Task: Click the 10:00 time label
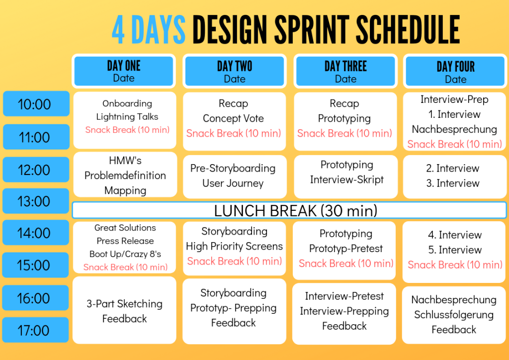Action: [x=36, y=104]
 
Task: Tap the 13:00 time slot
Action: [x=36, y=201]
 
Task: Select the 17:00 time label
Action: [x=35, y=330]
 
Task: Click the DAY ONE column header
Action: [x=124, y=71]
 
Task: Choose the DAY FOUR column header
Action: [x=455, y=71]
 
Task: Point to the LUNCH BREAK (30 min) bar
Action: [x=289, y=210]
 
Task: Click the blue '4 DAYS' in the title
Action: [x=148, y=29]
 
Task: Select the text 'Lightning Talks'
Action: [x=127, y=116]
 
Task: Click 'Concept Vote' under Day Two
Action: [x=234, y=118]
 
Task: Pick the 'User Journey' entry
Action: [x=233, y=183]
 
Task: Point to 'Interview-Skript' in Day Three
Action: [x=346, y=180]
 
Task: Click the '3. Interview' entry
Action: [x=453, y=183]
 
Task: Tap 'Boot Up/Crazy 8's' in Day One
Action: [x=125, y=254]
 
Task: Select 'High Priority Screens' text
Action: [x=235, y=247]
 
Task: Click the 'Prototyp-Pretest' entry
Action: [x=346, y=248]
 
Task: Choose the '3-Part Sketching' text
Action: [x=124, y=304]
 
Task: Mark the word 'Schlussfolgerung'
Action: [x=454, y=315]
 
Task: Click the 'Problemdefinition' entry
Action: [x=125, y=176]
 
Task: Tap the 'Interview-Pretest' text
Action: [x=344, y=296]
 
